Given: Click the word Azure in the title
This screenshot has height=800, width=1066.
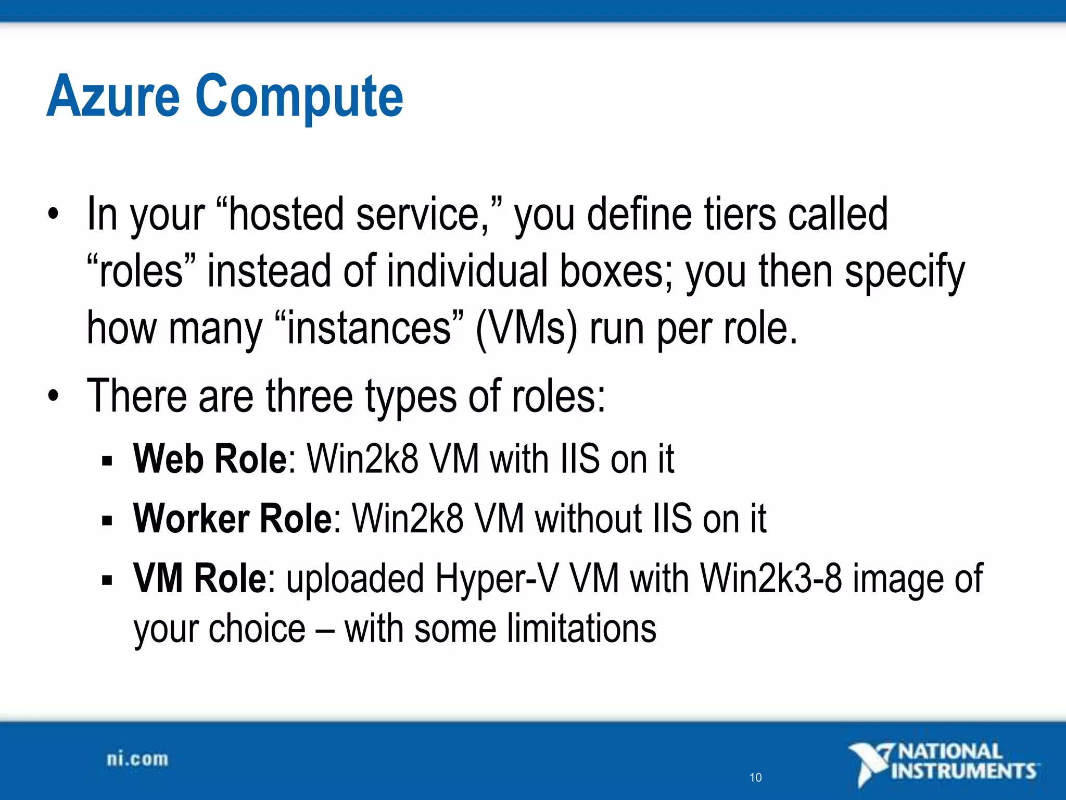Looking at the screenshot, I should coord(113,96).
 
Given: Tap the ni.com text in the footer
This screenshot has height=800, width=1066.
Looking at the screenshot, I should coord(137,759).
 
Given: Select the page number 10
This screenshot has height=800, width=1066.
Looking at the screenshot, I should coord(755,778).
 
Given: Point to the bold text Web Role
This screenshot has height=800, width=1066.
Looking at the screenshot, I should coord(210,459).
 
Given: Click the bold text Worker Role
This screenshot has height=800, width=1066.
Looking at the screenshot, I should coord(233,519).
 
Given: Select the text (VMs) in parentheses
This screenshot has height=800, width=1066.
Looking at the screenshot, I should coord(526,329).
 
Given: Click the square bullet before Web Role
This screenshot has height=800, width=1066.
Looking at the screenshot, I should coord(107,461).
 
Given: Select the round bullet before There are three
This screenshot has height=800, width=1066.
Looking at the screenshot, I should coord(53,397).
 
